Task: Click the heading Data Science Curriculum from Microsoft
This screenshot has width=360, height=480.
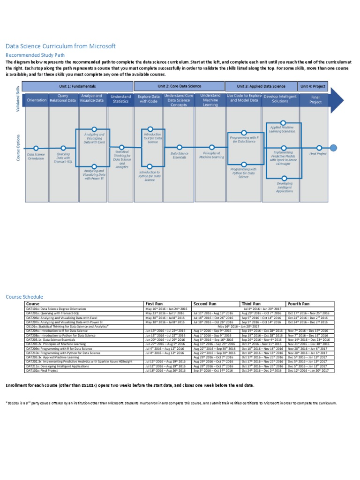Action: tap(60, 46)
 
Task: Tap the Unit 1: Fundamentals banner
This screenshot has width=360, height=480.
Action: tap(77, 86)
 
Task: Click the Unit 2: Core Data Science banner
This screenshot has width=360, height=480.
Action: tap(179, 86)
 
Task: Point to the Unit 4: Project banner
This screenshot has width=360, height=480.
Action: tap(313, 86)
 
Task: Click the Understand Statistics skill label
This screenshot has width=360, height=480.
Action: tap(120, 99)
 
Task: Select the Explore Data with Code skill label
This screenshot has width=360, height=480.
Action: tap(149, 99)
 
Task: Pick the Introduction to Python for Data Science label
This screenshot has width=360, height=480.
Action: tap(149, 176)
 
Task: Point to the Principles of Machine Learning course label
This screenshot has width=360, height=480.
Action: tap(211, 155)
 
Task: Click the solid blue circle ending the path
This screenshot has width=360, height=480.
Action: tap(333, 148)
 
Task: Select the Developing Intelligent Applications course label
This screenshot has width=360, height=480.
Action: tap(284, 187)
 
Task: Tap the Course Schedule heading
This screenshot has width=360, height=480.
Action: tap(24, 297)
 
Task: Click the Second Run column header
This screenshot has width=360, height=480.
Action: tap(205, 304)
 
